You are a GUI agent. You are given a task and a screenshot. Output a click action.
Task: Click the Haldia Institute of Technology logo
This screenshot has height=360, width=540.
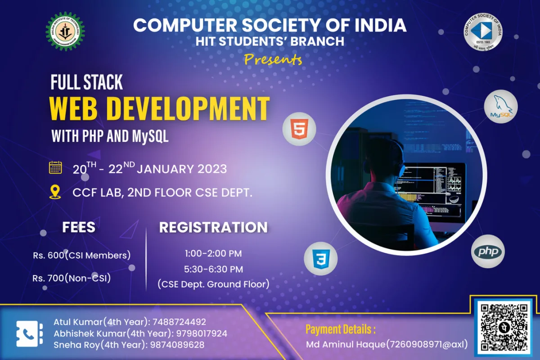pyautogui.click(x=65, y=31)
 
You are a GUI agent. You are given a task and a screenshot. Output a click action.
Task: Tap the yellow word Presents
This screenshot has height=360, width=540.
pyautogui.click(x=273, y=59)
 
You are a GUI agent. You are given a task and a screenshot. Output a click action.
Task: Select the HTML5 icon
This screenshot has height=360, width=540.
pyautogui.click(x=299, y=129)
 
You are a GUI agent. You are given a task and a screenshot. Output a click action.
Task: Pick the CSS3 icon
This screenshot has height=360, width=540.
pyautogui.click(x=320, y=258)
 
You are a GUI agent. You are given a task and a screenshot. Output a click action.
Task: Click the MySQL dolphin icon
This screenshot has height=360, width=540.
pyautogui.click(x=500, y=107)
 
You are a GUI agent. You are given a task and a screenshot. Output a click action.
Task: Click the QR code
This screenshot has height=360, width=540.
pyautogui.click(x=504, y=327)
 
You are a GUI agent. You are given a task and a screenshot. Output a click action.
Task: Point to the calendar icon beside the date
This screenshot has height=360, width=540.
pyautogui.click(x=55, y=168)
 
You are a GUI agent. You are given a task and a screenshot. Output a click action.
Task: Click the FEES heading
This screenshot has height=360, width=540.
pyautogui.click(x=79, y=227)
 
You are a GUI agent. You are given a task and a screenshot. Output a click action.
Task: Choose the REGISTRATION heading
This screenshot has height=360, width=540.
pyautogui.click(x=213, y=227)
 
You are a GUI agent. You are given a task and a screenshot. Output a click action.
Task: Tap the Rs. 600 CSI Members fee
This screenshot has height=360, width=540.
pyautogui.click(x=81, y=256)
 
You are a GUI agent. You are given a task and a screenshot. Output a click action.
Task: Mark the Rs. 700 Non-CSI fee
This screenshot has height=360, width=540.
pyautogui.click(x=72, y=278)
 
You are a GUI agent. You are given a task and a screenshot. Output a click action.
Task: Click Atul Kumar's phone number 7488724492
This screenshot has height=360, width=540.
pyautogui.click(x=179, y=322)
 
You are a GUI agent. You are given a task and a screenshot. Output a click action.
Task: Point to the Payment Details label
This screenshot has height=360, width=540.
pyautogui.click(x=341, y=329)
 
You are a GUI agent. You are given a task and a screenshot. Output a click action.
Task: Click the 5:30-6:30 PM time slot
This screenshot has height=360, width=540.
pyautogui.click(x=213, y=269)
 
